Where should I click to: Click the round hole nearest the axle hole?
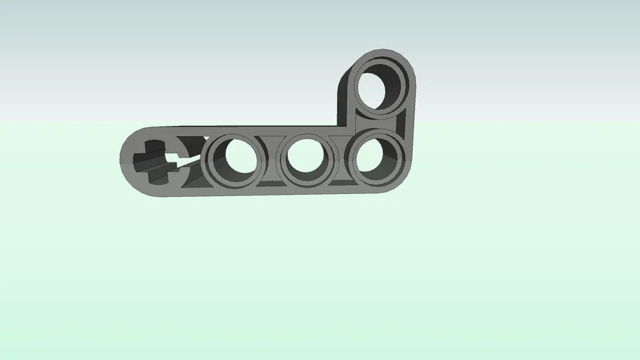point(233,157)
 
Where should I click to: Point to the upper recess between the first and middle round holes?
point(271,139)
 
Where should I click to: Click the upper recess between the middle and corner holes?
point(343,138)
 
